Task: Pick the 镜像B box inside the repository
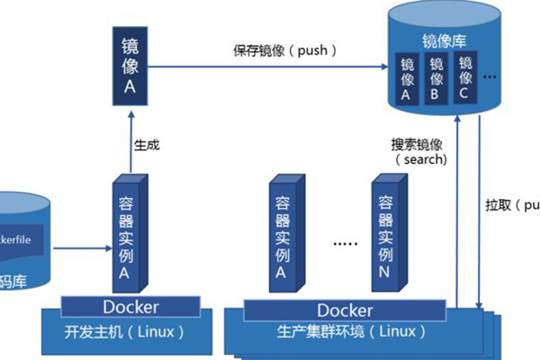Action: point(436,78)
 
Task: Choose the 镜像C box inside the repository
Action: point(465,78)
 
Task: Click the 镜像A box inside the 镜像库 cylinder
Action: point(407,78)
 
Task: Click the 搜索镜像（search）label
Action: point(419,151)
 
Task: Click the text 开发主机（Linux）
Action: point(127,330)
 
